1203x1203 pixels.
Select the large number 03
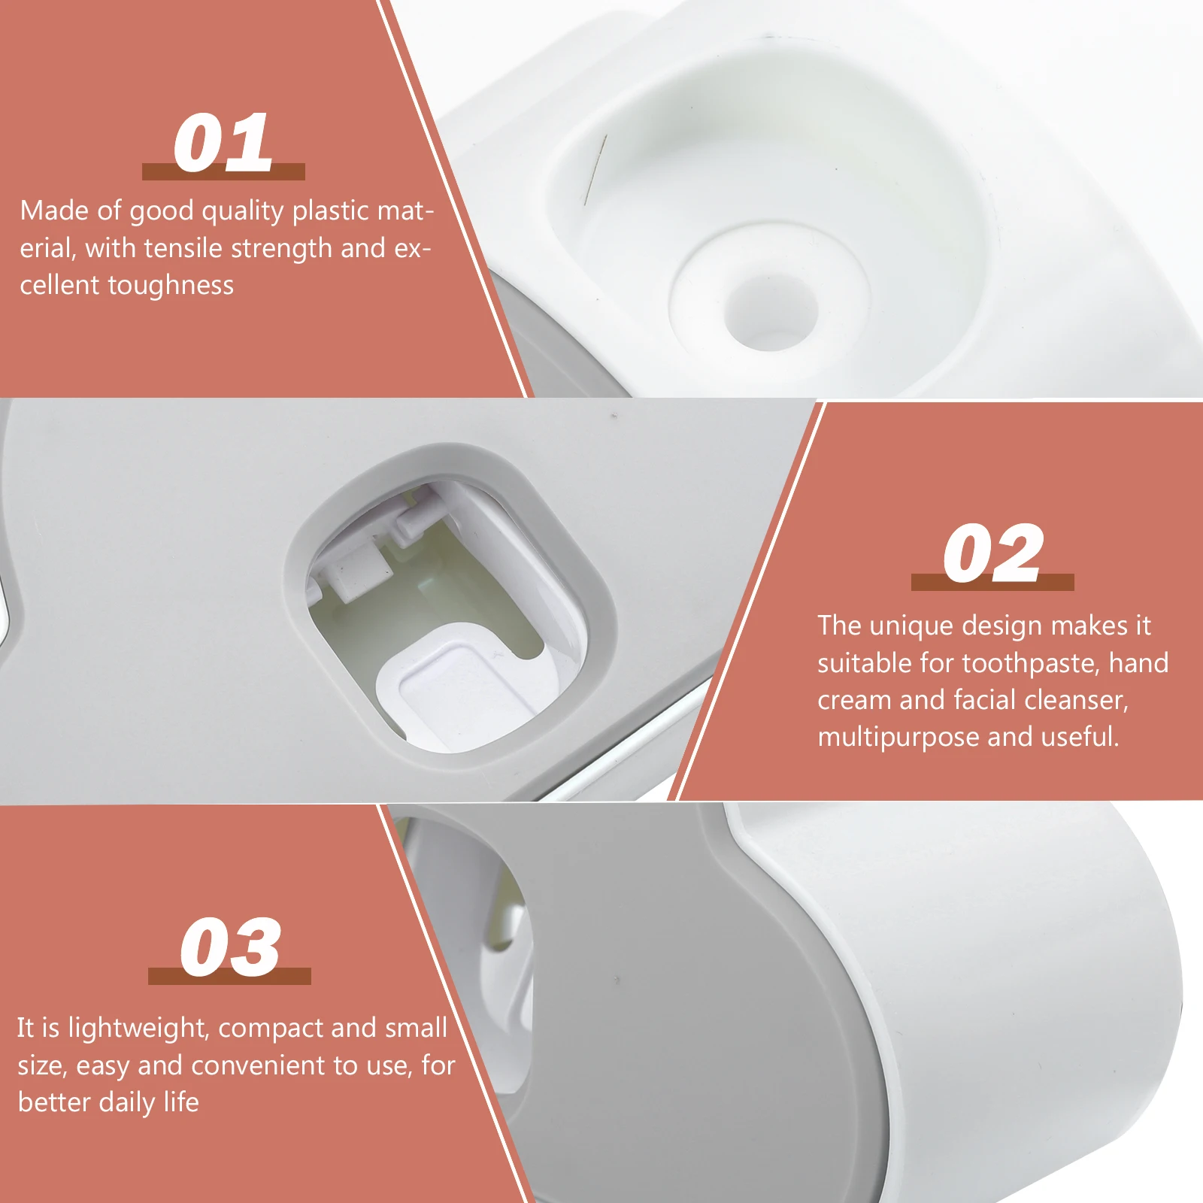[x=229, y=947]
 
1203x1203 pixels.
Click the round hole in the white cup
[x=771, y=310]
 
